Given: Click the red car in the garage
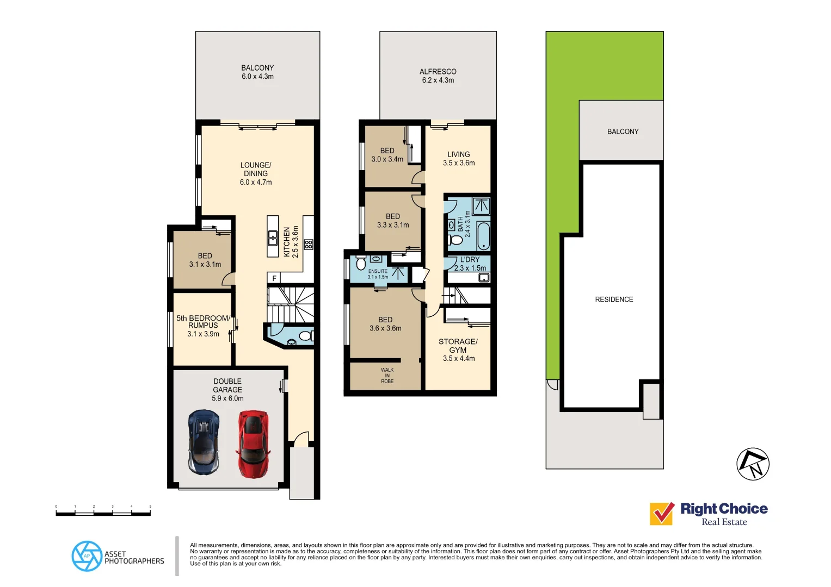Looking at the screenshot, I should [253, 444].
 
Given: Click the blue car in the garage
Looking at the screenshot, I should [204, 442].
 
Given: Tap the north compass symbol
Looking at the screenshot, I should [753, 464].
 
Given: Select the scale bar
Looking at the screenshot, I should [103, 512].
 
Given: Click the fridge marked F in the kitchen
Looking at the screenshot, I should [274, 278].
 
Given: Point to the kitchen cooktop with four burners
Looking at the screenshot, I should [309, 244].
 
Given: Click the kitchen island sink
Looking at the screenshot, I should [273, 238].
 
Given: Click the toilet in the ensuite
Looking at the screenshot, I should [360, 264].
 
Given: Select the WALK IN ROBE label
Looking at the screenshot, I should [387, 376].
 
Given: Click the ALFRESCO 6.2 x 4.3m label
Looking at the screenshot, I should [438, 76].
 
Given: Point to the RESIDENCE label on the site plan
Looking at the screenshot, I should [614, 299].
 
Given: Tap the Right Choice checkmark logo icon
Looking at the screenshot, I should [662, 513].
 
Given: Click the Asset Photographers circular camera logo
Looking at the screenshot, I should [87, 556].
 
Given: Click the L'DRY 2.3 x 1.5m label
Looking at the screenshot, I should [470, 264].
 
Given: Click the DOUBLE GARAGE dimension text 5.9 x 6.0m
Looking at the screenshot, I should [227, 398].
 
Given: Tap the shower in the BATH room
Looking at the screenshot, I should [481, 206].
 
